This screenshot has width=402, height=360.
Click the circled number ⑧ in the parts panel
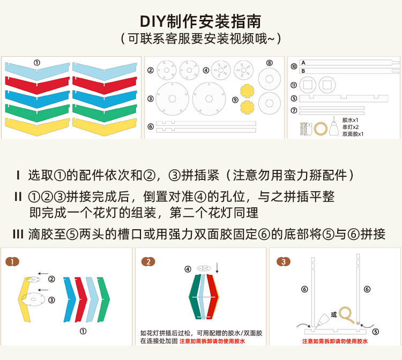[269, 63]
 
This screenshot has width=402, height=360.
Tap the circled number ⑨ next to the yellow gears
[235, 100]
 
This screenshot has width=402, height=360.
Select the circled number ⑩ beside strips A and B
[294, 66]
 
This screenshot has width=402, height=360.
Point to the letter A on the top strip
[303, 63]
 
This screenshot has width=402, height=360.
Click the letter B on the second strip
[303, 71]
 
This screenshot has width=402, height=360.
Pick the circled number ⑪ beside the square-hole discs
[294, 85]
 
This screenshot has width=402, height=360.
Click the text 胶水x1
[351, 120]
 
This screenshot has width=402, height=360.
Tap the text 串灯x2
[351, 127]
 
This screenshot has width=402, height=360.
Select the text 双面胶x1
[353, 134]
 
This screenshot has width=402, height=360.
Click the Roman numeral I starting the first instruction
[18, 175]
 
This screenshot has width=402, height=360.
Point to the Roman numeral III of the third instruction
[18, 235]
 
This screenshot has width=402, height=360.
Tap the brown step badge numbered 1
[12, 262]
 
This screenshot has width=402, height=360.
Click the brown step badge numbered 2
[148, 262]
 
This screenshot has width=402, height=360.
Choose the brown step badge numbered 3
[282, 262]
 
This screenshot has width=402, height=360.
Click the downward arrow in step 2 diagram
[217, 267]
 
